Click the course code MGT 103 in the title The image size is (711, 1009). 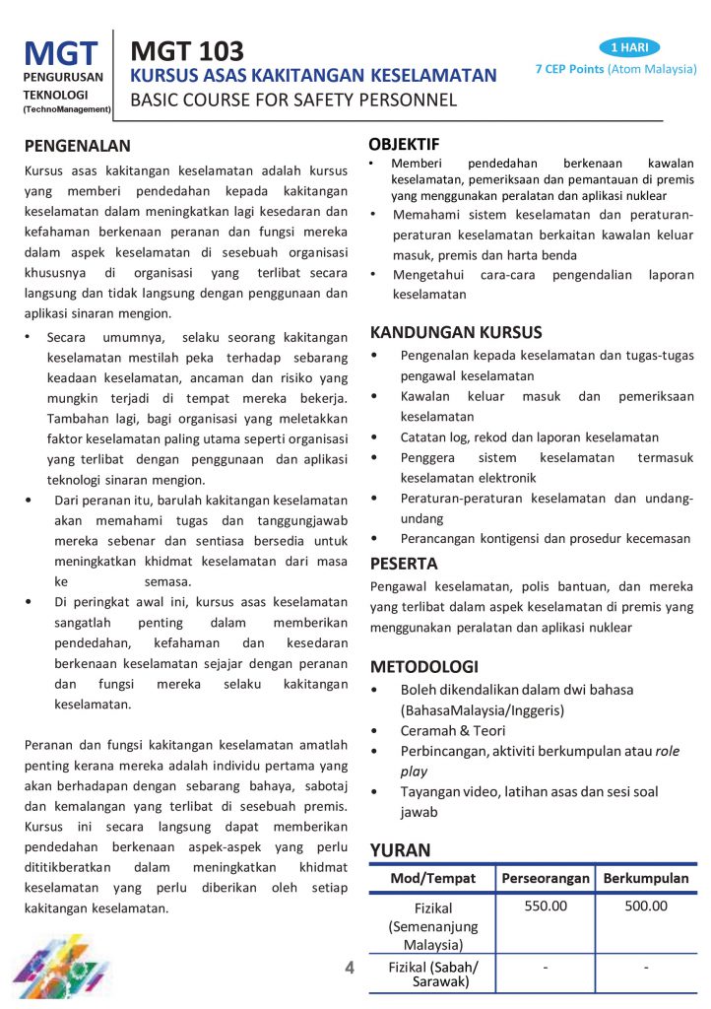187,51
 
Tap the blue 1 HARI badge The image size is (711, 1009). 628,47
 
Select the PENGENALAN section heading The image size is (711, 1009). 78,146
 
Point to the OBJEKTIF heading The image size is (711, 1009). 404,144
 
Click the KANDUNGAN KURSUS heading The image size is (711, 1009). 456,332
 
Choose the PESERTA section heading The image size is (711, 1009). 404,564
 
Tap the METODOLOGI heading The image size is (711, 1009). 423,666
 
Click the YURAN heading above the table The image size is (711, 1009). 400,849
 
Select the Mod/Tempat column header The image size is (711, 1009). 432,878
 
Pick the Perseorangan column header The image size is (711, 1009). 545,878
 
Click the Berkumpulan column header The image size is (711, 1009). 645,878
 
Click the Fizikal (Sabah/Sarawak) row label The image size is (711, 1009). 432,975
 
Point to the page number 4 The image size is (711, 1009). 350,968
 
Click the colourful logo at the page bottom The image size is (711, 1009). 69,971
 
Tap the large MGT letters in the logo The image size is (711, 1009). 61,54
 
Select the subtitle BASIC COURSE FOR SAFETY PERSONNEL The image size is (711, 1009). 293,100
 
